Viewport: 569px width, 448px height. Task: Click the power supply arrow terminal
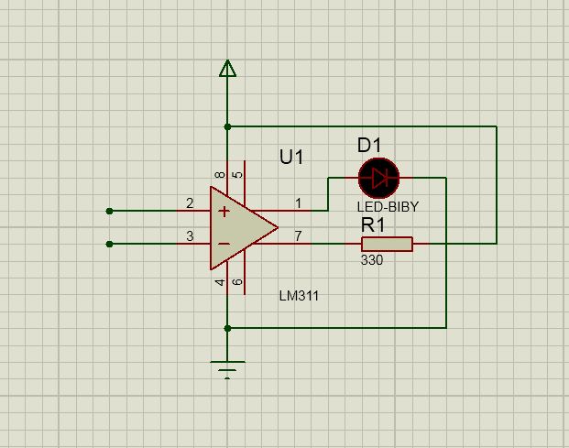tap(227, 69)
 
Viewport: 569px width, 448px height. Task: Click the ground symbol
tap(227, 369)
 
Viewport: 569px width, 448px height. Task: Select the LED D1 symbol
tap(378, 178)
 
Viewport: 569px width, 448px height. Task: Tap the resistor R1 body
tap(387, 244)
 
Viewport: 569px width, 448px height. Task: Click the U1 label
tap(291, 157)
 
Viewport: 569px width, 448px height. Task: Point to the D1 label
tap(369, 145)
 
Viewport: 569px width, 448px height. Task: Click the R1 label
tap(373, 224)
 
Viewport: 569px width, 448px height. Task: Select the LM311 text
tap(299, 296)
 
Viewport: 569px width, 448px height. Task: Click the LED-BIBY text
tap(388, 207)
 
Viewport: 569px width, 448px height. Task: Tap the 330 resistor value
tap(372, 260)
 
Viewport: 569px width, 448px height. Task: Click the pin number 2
tap(190, 203)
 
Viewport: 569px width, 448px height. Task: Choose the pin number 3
tap(190, 236)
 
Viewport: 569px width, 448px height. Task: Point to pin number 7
tap(298, 236)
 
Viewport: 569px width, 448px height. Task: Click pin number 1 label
tap(298, 203)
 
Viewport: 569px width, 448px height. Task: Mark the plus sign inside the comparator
tap(224, 211)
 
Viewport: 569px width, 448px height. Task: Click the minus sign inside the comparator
tap(224, 244)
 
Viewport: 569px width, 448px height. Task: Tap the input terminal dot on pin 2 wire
tap(109, 211)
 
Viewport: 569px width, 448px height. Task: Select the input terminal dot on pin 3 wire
tap(109, 244)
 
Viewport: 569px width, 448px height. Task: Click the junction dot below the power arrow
tap(227, 126)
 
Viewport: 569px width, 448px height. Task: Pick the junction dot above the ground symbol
tap(227, 328)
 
